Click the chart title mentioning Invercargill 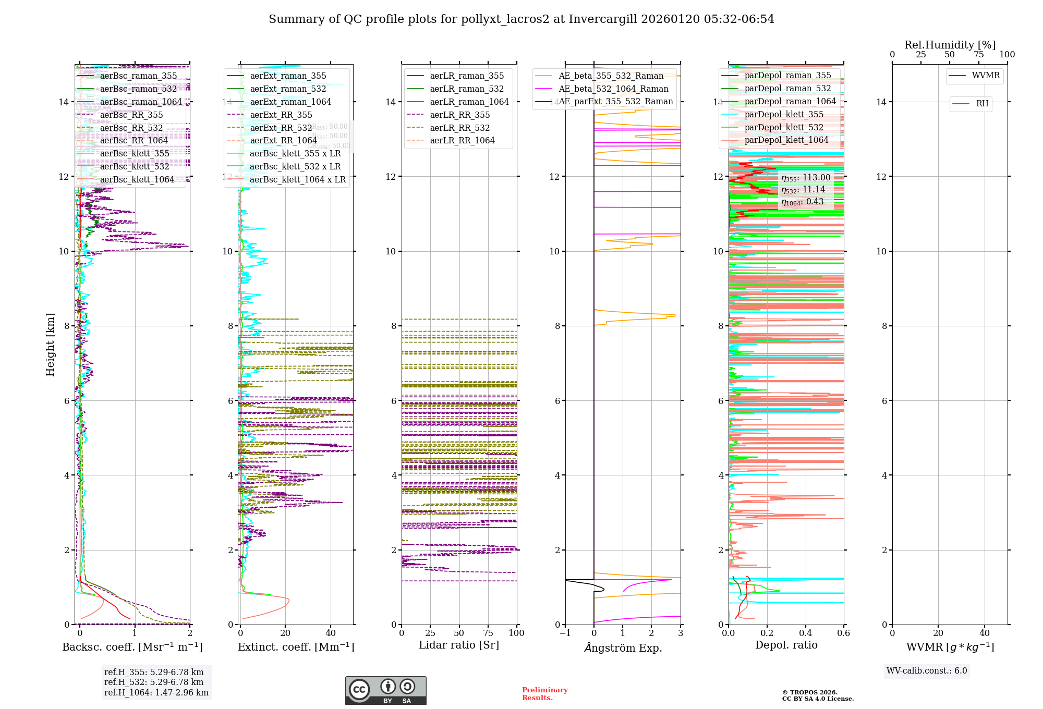click(x=521, y=19)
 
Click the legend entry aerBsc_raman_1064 click(x=141, y=102)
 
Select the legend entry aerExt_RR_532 click(x=281, y=128)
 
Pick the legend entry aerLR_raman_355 click(x=467, y=76)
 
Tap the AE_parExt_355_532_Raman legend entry click(x=615, y=102)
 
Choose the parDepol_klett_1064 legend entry click(x=786, y=140)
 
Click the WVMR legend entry click(x=986, y=76)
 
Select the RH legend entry click(x=982, y=104)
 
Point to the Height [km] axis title click(x=50, y=345)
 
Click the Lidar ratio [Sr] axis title click(x=459, y=645)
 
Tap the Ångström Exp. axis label click(x=623, y=647)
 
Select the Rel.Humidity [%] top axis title click(x=950, y=45)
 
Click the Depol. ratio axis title click(x=786, y=645)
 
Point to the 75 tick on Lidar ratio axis click(x=488, y=633)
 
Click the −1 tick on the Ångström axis click(x=565, y=633)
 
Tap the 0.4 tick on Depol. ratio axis click(x=805, y=633)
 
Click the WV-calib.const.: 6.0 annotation click(x=927, y=671)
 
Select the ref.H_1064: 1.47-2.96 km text click(x=156, y=692)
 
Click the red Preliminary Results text click(x=544, y=694)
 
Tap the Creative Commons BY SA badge click(x=385, y=691)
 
